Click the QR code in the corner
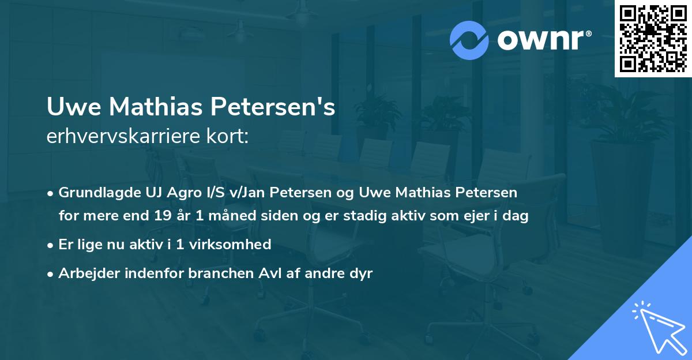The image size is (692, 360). point(653,39)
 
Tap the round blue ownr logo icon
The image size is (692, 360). point(469,40)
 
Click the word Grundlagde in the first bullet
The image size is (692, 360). point(95,193)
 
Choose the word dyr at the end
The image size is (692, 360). point(360,273)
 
